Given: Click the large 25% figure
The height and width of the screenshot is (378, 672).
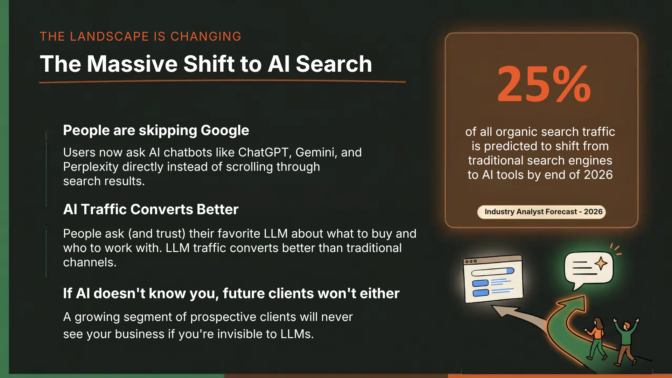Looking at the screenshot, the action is point(544,84).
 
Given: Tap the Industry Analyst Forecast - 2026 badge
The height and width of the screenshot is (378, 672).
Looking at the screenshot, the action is point(541,212).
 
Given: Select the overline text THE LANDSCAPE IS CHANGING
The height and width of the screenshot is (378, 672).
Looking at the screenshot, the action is point(140,36).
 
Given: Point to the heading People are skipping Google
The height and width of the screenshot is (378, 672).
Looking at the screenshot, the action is point(156,130).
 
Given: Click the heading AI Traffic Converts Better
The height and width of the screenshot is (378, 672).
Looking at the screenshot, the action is point(151,209).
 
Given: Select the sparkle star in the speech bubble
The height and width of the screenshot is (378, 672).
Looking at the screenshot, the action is point(601,263).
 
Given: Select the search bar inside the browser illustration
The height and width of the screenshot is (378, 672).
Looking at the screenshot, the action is point(493,272).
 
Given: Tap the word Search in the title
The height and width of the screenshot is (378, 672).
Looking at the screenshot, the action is point(334,64).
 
